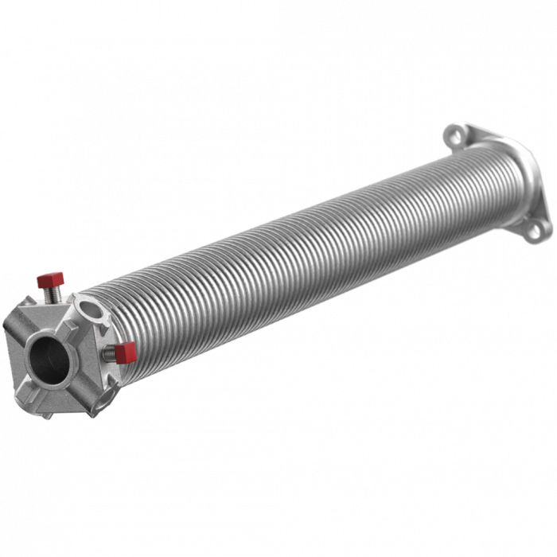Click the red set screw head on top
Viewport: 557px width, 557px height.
click(x=49, y=279)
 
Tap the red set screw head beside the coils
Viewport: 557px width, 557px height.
click(x=125, y=351)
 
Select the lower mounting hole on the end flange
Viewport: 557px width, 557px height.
click(x=538, y=229)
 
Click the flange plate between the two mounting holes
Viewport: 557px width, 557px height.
click(x=513, y=179)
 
